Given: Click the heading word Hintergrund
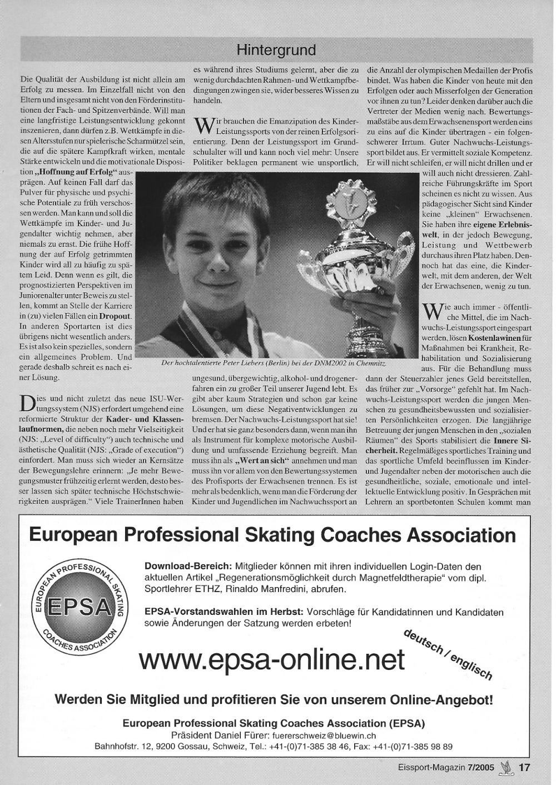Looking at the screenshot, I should (276, 50).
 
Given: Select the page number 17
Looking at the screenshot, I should (525, 768).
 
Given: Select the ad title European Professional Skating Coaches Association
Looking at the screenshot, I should (272, 535).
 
